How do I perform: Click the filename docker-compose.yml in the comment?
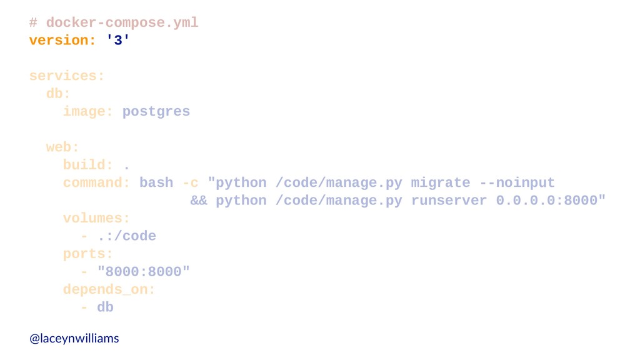point(122,23)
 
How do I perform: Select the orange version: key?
point(62,41)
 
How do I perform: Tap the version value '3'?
point(118,40)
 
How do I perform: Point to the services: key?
point(67,76)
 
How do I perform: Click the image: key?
point(87,111)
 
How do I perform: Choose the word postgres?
point(156,112)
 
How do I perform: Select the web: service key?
point(62,147)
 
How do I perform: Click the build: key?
point(87,165)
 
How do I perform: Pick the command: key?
point(96,183)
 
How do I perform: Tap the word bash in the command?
point(156,183)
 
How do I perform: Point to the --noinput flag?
point(517,183)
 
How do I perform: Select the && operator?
point(199,201)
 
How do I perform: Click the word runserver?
point(449,201)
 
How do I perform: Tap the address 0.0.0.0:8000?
point(547,201)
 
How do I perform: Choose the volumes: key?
point(96,218)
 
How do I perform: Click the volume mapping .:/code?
point(126,236)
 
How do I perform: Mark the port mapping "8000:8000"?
point(144,272)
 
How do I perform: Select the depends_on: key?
point(109,290)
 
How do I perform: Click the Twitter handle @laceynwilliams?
point(74,338)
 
